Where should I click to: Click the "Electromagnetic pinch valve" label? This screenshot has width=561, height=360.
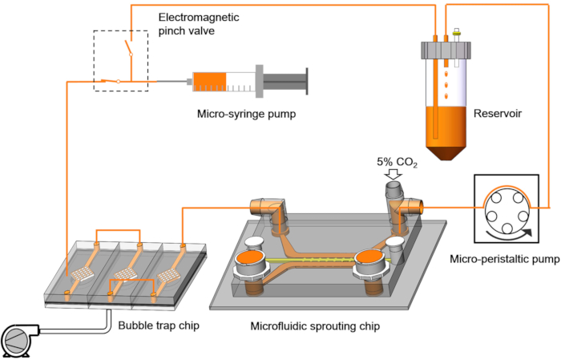[199, 24]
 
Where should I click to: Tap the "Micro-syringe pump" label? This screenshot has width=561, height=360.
[247, 114]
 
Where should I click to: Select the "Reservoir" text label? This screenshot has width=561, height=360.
[498, 113]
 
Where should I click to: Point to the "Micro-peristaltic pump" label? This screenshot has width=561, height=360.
[504, 259]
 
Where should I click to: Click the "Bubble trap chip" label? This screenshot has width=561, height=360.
[159, 326]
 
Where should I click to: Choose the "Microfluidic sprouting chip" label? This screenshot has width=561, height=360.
[315, 326]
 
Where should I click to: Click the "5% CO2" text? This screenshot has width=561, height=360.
[397, 162]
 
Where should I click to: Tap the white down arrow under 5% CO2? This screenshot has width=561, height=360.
[393, 174]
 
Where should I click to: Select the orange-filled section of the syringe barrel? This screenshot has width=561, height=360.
[210, 82]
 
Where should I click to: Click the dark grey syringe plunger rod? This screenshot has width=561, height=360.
[285, 82]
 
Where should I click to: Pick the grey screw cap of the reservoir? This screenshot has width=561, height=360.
[446, 51]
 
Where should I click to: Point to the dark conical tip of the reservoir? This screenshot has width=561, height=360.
[446, 152]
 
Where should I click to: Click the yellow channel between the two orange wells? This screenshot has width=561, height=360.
[310, 260]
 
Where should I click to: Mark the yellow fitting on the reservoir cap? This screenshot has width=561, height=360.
[456, 34]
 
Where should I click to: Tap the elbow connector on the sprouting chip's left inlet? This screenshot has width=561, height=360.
[268, 210]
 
